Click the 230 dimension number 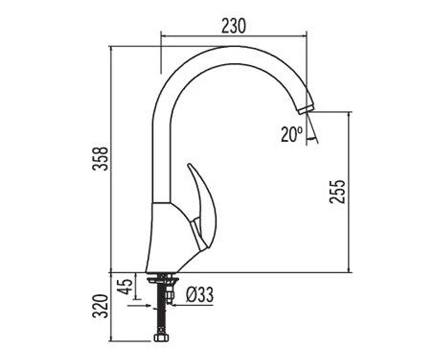pos(234,26)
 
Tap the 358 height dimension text pos(100,159)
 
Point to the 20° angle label pos(292,134)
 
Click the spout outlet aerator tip pos(306,109)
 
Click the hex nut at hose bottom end pos(161,343)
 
